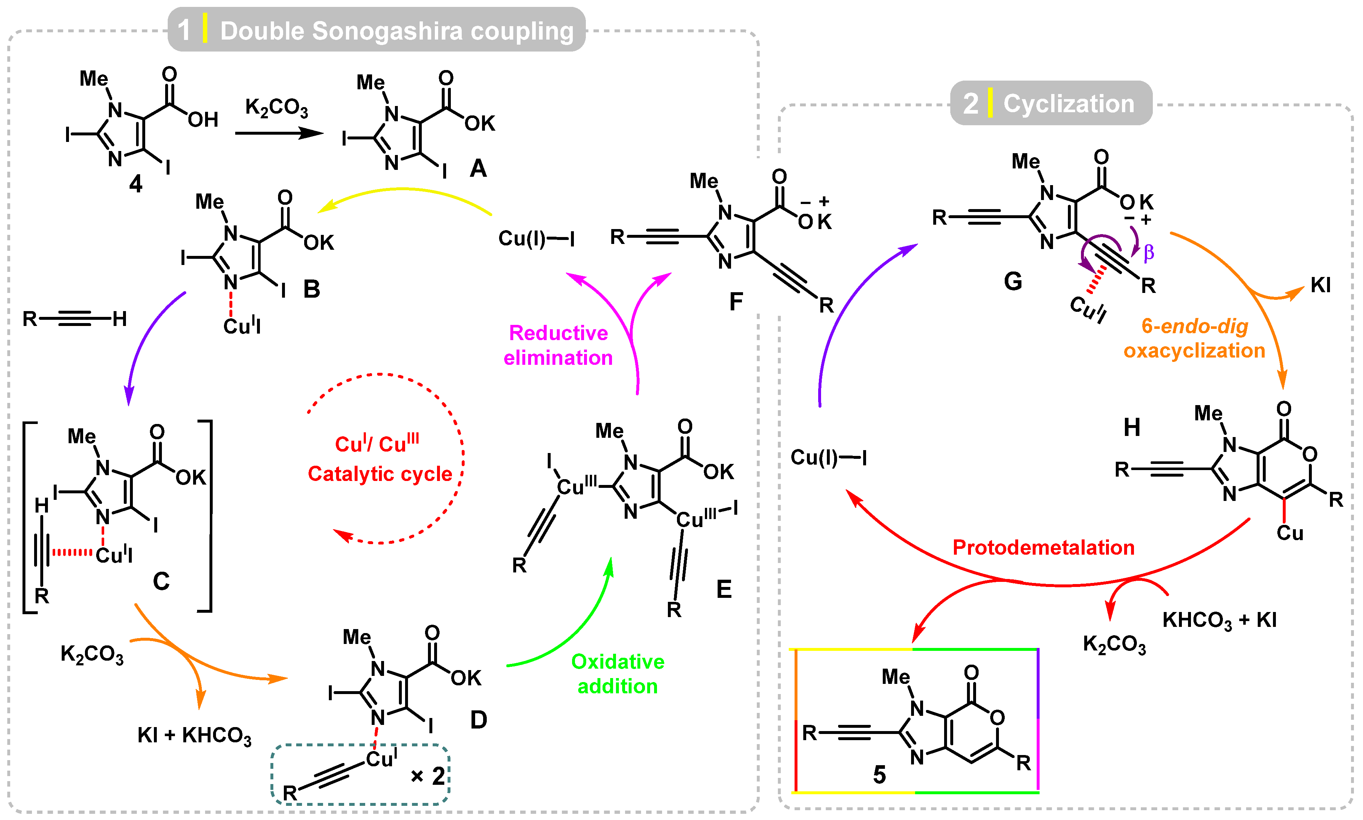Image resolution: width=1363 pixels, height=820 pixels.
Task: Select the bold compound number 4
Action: (x=135, y=183)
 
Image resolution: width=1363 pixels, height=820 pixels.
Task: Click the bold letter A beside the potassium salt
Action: (x=478, y=168)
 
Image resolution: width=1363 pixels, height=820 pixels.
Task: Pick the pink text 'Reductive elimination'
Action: (x=558, y=345)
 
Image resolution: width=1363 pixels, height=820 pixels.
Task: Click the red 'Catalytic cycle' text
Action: (x=380, y=474)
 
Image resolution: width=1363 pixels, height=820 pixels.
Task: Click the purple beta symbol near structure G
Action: (x=1148, y=252)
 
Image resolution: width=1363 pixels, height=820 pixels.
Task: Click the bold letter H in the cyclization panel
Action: (x=1131, y=427)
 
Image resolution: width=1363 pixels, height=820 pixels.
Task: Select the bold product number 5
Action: (x=879, y=775)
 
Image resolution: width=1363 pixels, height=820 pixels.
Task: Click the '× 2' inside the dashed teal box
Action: (x=428, y=776)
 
